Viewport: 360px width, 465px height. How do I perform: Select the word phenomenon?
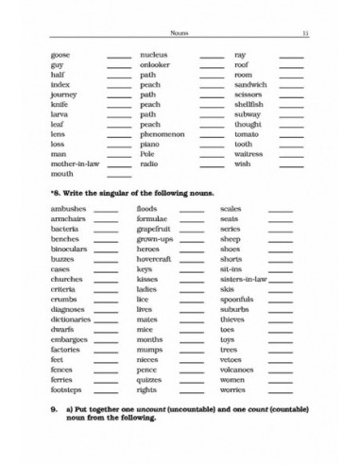click(163, 133)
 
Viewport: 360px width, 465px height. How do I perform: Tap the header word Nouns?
click(180, 33)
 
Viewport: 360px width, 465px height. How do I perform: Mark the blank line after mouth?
click(119, 175)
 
